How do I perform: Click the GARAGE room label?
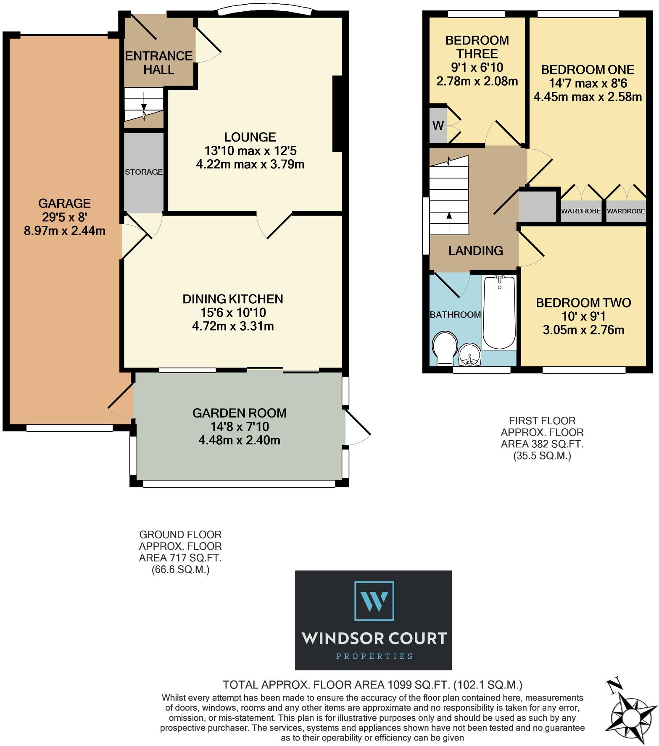pos(64,203)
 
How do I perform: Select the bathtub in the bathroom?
pos(499,313)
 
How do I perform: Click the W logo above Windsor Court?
pos(374,601)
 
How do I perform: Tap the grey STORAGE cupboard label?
pos(143,172)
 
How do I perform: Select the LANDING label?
pos(475,251)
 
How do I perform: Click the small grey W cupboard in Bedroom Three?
pos(438,125)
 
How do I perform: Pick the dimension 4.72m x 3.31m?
pos(233,326)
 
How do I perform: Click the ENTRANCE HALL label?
pos(159,62)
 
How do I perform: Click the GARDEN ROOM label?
pos(239,413)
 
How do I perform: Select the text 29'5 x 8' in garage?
pos(64,217)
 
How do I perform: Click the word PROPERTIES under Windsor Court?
pos(374,656)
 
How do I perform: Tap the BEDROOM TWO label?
pos(583,302)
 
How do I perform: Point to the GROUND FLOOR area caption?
pos(180,552)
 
